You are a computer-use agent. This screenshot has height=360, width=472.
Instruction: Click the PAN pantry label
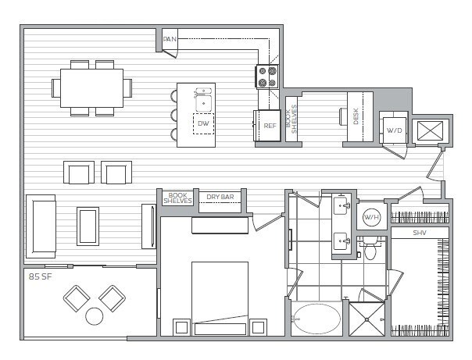tap(168, 38)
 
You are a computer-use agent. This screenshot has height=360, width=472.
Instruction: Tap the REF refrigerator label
tap(270, 125)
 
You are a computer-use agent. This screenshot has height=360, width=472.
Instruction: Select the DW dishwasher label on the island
tap(203, 124)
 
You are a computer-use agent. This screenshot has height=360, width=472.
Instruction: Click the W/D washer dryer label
tap(393, 130)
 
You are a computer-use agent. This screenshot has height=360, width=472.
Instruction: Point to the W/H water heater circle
tap(371, 217)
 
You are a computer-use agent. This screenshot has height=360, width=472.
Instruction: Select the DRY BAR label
tap(220, 198)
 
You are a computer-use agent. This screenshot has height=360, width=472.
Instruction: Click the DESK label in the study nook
tap(357, 117)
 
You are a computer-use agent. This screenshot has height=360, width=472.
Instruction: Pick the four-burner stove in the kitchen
tap(267, 76)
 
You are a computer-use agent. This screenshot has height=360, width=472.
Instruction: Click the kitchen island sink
tap(203, 98)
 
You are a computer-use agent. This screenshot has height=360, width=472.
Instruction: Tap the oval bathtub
tap(316, 319)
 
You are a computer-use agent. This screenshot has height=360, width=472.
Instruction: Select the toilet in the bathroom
tap(371, 251)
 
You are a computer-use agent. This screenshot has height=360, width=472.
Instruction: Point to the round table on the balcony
tap(95, 316)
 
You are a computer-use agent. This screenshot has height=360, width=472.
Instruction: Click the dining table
tap(91, 86)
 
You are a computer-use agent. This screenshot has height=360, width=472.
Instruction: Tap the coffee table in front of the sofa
tap(88, 226)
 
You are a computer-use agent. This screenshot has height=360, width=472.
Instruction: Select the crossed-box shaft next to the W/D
tap(429, 130)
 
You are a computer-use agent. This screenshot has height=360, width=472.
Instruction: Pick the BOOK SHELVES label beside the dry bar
tap(177, 198)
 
